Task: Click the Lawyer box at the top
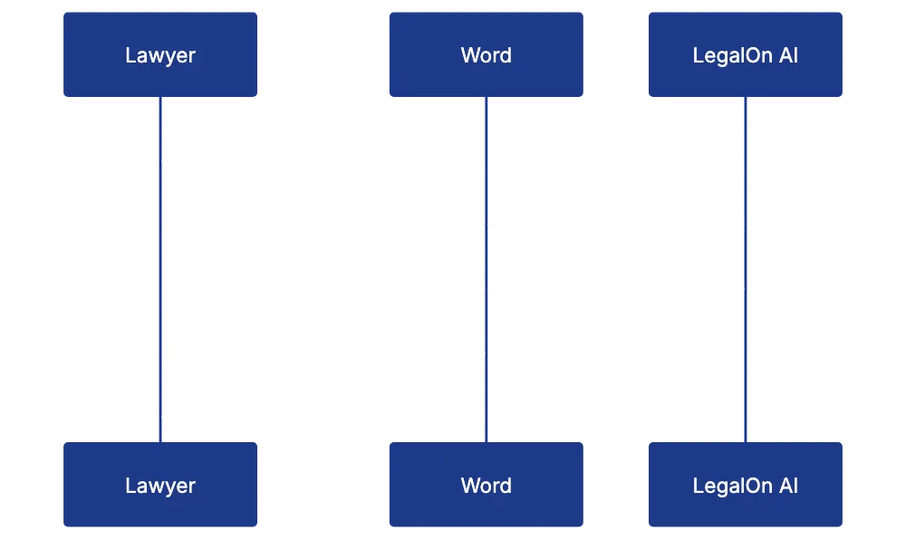159,54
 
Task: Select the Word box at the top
486,54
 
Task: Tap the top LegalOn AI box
746,54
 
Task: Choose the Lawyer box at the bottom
159,485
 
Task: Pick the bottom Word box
486,485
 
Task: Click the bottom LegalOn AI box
746,485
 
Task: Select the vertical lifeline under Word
486,381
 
